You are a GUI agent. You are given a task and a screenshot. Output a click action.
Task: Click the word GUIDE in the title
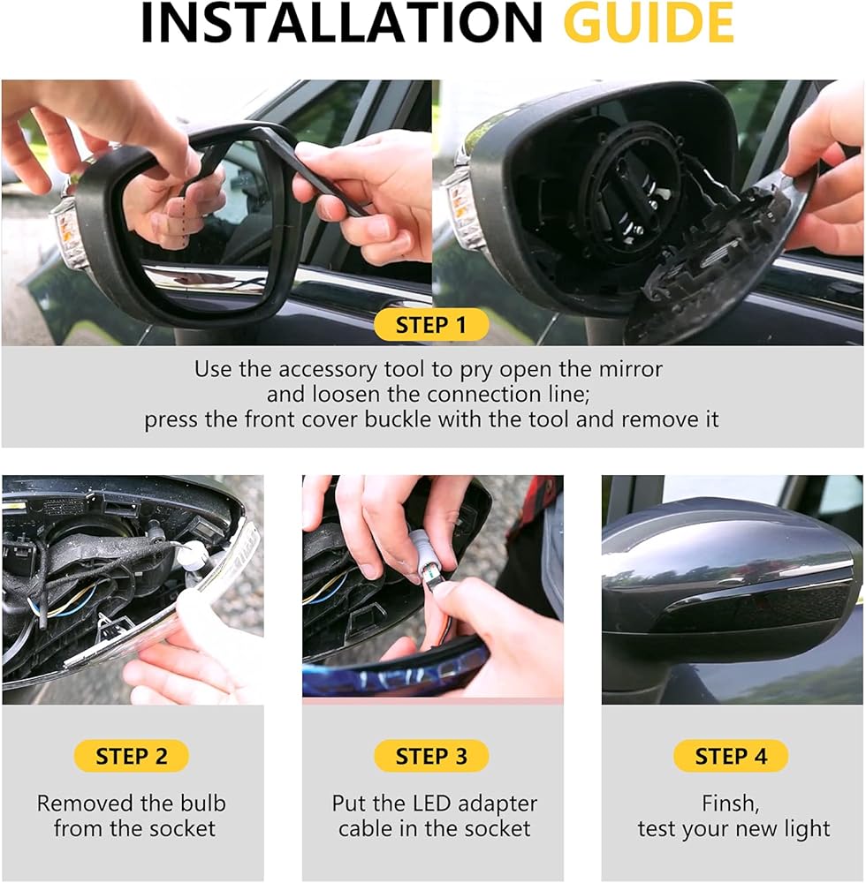pyautogui.click(x=648, y=23)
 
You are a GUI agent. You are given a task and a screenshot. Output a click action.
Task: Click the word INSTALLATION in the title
pyautogui.click(x=341, y=23)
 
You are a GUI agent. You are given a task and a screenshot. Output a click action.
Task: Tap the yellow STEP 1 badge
pyautogui.click(x=431, y=325)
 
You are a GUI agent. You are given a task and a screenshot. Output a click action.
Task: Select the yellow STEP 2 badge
pyautogui.click(x=132, y=757)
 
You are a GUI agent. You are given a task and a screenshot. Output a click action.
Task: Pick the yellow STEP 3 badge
pyautogui.click(x=431, y=757)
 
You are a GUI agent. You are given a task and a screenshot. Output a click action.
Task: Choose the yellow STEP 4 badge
pyautogui.click(x=731, y=757)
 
